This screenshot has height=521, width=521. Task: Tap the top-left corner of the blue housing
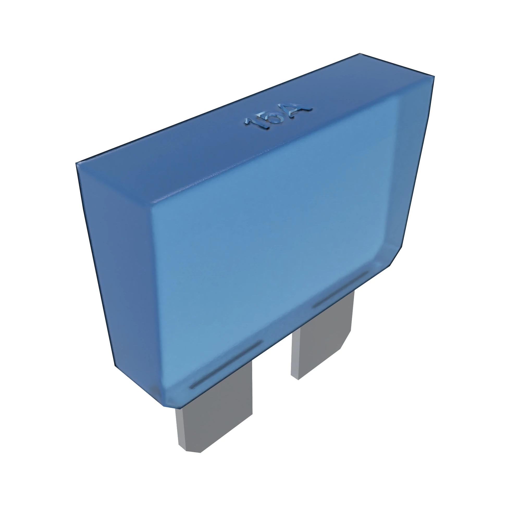(77, 163)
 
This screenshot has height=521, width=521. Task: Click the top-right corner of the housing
(434, 77)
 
